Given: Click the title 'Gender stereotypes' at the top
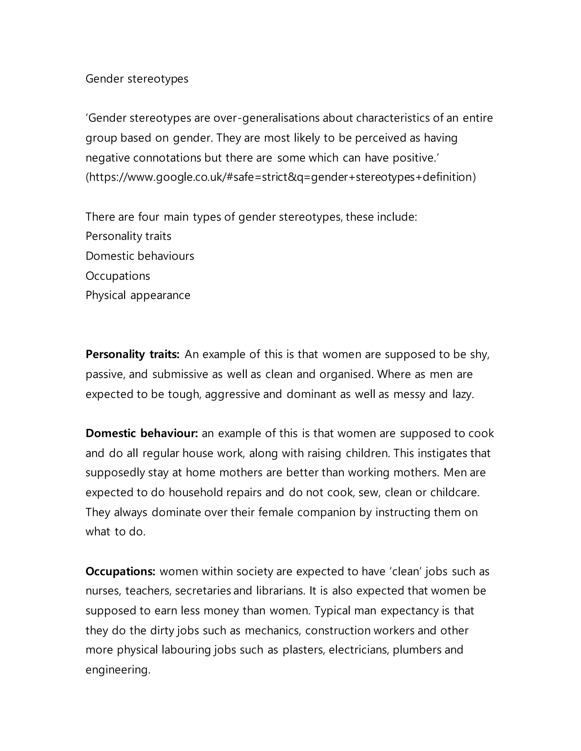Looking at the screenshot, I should [137, 79].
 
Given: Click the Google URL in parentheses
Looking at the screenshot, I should [281, 177].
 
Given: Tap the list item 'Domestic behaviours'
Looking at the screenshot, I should [140, 256].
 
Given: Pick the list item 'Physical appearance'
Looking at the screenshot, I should [138, 295].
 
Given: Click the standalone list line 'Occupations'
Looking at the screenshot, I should [118, 276].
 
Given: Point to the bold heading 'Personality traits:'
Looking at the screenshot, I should [132, 354].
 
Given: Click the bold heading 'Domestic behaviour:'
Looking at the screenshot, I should [142, 433].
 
